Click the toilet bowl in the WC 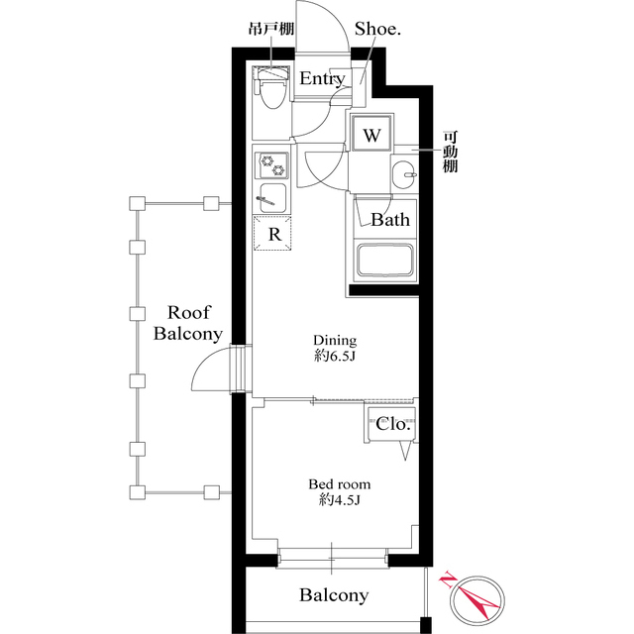coord(271,94)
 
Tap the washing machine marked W coord(371,134)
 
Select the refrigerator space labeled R coord(272,234)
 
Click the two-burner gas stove coord(271,165)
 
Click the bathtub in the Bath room coord(385,260)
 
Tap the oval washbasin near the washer coord(403,174)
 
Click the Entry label coord(322,78)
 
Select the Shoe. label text coord(377,29)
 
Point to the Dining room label coord(335,340)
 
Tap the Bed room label coord(339,484)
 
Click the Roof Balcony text coord(188,323)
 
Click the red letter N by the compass coord(447,579)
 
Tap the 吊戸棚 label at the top coord(271,29)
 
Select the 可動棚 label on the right coord(450,152)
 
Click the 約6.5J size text coord(335,357)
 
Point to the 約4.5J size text coord(339,500)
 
